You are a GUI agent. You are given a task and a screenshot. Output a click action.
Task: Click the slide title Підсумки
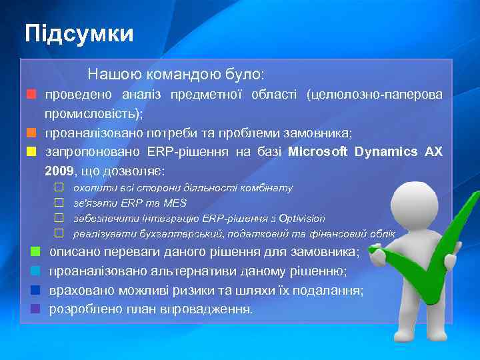[x=79, y=33]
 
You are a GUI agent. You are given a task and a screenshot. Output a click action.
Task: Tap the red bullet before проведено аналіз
[x=31, y=95]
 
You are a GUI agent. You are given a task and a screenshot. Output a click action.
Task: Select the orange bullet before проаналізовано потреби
[x=31, y=133]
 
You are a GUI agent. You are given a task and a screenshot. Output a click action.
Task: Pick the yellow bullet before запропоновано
[x=31, y=151]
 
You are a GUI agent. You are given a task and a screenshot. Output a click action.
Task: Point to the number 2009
[x=59, y=171]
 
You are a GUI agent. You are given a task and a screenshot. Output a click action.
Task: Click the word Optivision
[x=301, y=218]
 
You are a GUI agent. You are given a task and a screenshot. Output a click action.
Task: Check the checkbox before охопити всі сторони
[x=59, y=188]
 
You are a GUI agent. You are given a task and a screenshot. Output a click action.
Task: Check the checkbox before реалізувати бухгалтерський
[x=59, y=233]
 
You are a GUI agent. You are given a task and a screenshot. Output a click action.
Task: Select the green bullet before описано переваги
[x=36, y=252]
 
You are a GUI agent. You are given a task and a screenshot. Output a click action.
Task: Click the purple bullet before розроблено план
[x=36, y=309]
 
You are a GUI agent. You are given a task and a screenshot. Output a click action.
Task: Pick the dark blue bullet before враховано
[x=36, y=290]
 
